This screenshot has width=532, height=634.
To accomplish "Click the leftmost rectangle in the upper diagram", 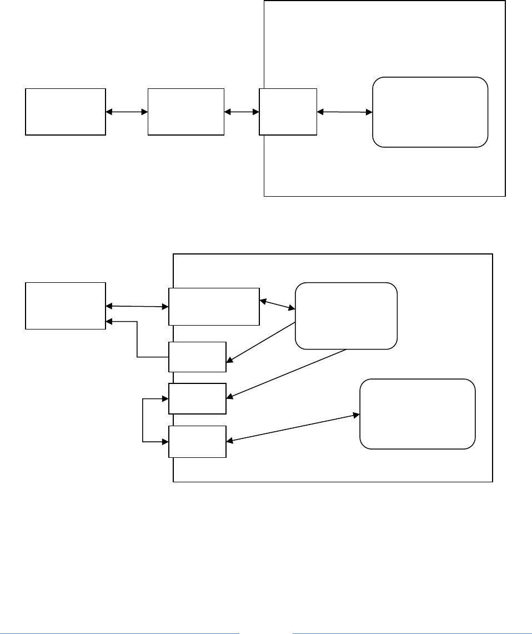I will (x=66, y=111).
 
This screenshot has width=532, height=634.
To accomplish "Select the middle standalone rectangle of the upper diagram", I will (x=186, y=111).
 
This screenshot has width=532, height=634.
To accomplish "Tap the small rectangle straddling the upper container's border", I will (x=288, y=111).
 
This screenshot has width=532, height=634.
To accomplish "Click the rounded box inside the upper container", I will (x=430, y=112).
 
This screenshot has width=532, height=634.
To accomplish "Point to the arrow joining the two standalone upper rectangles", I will (x=127, y=112).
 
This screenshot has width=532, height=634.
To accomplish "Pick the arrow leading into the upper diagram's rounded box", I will (x=344, y=112).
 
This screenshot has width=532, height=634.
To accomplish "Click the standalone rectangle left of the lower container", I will (x=66, y=306).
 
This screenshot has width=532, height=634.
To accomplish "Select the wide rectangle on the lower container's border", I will (x=214, y=306).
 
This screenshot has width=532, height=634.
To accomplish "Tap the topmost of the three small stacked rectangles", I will (x=198, y=356).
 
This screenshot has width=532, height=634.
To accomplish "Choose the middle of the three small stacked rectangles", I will (x=198, y=398).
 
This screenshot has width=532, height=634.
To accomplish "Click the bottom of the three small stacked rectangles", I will (x=198, y=442).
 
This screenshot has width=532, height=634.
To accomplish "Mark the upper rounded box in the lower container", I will (x=347, y=316).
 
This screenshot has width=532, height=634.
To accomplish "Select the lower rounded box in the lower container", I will (x=418, y=413).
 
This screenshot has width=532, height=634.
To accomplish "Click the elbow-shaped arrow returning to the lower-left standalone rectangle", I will (x=138, y=339).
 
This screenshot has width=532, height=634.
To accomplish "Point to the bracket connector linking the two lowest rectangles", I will (x=143, y=421).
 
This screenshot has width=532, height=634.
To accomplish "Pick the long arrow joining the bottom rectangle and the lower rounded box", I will (x=293, y=428).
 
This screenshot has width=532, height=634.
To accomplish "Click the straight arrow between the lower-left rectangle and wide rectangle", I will (x=137, y=306).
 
